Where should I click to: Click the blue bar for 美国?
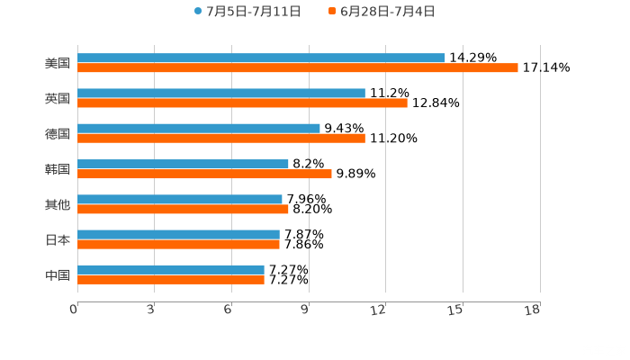coord(261,58)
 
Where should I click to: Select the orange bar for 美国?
coord(297,68)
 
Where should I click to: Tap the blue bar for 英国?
coord(221,93)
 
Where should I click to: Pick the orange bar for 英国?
coord(242,103)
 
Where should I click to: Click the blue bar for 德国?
coord(199,128)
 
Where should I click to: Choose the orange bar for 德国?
coord(221,139)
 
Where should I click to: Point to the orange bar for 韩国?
coord(204,174)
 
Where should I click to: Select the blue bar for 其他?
coord(180,199)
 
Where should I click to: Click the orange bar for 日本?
coord(178,244)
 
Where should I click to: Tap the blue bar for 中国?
coord(171,269)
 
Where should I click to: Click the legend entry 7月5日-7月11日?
coord(247,12)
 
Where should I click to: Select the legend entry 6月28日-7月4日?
coord(382,12)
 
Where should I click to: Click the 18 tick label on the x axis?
coord(533,309)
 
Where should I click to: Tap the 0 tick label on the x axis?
coord(75,309)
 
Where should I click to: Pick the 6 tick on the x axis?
coord(229,309)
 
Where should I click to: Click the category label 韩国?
coord(58,168)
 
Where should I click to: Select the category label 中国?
coord(58,274)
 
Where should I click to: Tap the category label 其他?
coord(58,204)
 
